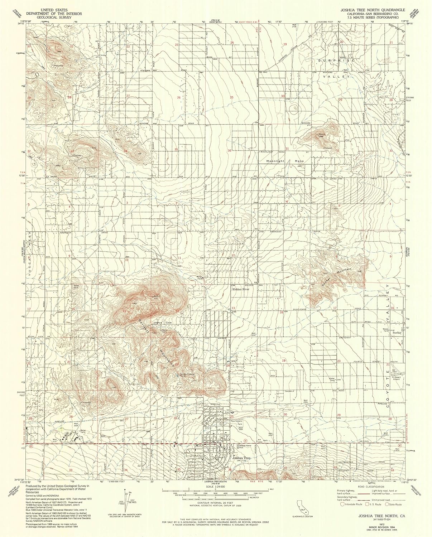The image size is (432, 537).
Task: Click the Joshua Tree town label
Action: coord(241,458)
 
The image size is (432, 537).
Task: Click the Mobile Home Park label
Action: coord(245,446)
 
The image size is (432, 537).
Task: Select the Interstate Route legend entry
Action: coord(352,504)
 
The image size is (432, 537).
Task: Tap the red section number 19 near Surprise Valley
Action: coord(285,44)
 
